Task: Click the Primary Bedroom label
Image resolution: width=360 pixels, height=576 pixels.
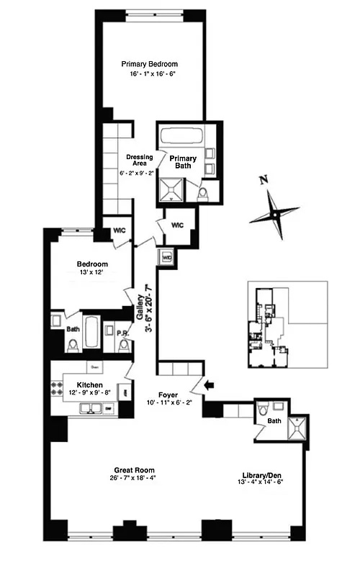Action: [149, 63]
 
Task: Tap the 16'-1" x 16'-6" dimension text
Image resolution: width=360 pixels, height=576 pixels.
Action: [149, 74]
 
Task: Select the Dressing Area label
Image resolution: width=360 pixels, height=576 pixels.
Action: [138, 160]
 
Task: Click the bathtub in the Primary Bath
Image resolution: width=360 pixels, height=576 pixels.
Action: [181, 136]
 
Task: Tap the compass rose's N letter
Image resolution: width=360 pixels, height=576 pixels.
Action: [264, 181]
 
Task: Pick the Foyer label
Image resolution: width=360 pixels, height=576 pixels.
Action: [168, 395]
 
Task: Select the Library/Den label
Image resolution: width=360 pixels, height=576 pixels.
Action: [264, 476]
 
